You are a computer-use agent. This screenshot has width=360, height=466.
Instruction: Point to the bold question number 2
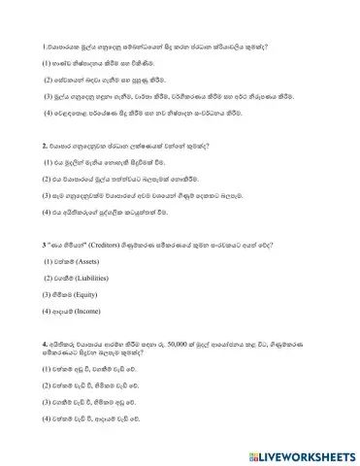(45, 146)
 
